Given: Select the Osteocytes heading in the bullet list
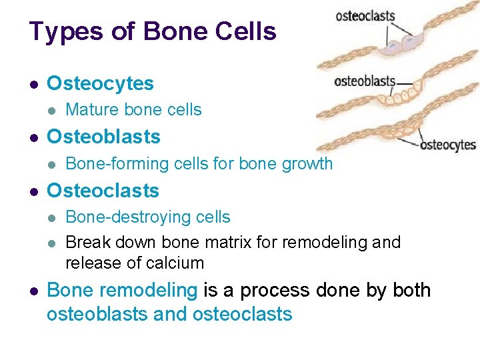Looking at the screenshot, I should tap(100, 83).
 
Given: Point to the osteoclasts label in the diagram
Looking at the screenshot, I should tap(365, 16).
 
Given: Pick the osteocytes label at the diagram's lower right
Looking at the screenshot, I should tap(448, 145).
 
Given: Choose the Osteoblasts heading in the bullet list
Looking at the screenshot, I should tap(103, 137).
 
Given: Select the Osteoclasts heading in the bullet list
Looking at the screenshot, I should tap(103, 190).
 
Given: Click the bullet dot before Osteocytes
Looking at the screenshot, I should tap(34, 84).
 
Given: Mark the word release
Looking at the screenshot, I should tap(90, 263).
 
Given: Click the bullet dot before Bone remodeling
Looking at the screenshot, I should tap(34, 291).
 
